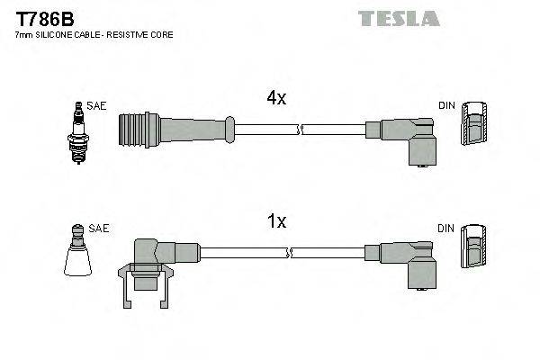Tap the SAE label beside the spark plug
97,106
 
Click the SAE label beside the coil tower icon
99,229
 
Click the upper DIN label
446,106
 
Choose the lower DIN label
446,229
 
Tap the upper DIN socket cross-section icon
473,125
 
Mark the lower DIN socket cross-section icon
473,247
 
